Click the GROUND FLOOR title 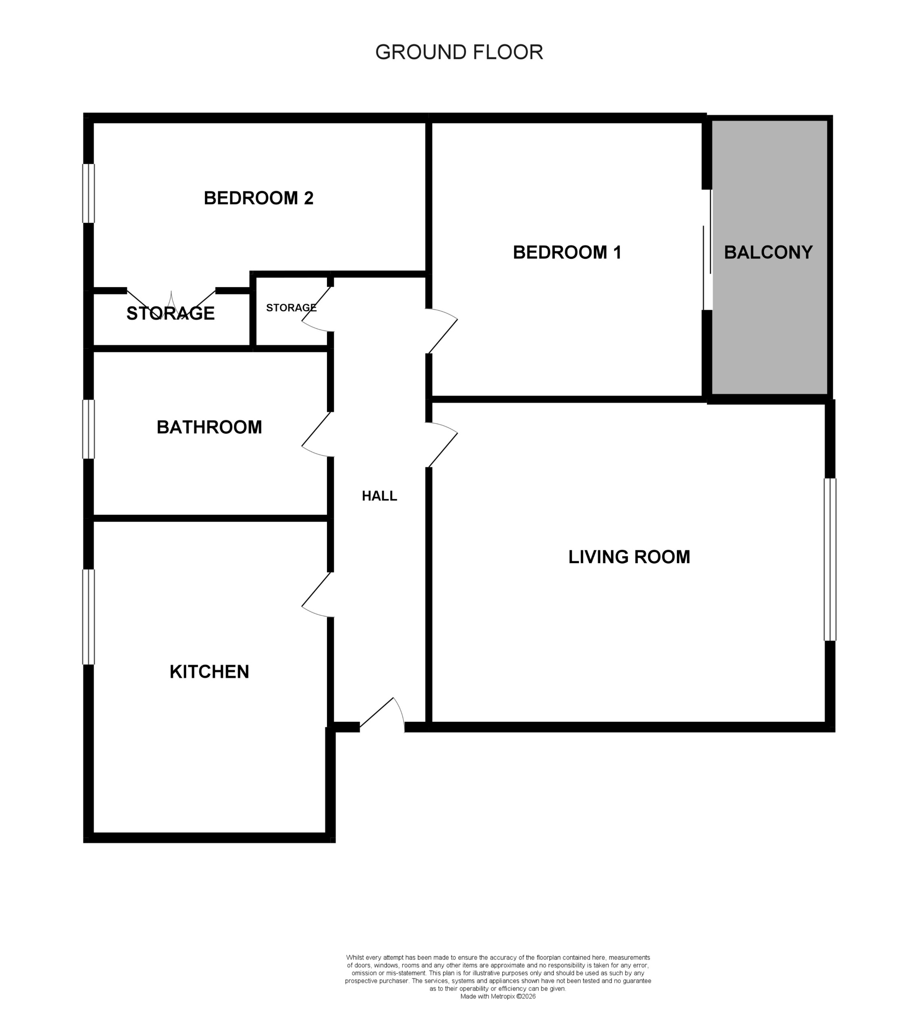point(458,52)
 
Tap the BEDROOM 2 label point(258,198)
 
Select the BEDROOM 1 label point(567,252)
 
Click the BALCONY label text point(768,252)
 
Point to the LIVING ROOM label point(629,557)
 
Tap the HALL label point(379,496)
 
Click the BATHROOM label point(209,427)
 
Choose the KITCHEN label point(209,672)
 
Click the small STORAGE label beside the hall point(291,307)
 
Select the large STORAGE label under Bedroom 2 point(170,314)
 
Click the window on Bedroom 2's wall point(89,194)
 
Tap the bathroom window point(89,429)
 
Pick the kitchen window point(89,617)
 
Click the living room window point(830,560)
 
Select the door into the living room point(441,446)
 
